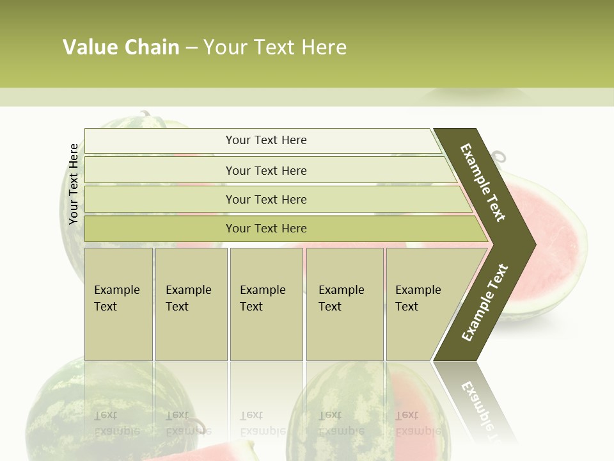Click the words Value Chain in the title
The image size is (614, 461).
coord(121,47)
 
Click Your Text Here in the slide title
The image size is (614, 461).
coord(275,47)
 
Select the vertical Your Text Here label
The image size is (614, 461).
coord(74,184)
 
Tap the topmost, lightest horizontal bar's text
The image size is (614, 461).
coord(266,140)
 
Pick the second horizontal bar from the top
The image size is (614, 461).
coord(266,170)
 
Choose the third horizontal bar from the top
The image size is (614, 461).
coord(266,199)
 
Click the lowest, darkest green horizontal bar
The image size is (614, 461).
coord(266,229)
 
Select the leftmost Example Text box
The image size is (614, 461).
coord(118,303)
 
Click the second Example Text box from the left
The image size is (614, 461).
coord(191,303)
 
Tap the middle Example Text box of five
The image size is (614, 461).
coord(265,303)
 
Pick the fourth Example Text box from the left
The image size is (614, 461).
coord(344,303)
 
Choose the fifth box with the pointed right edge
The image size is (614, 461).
coord(422,303)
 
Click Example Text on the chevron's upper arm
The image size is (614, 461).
coord(483,182)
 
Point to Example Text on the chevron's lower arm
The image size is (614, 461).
coord(485,303)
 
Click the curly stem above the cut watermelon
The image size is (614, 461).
coord(498,156)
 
